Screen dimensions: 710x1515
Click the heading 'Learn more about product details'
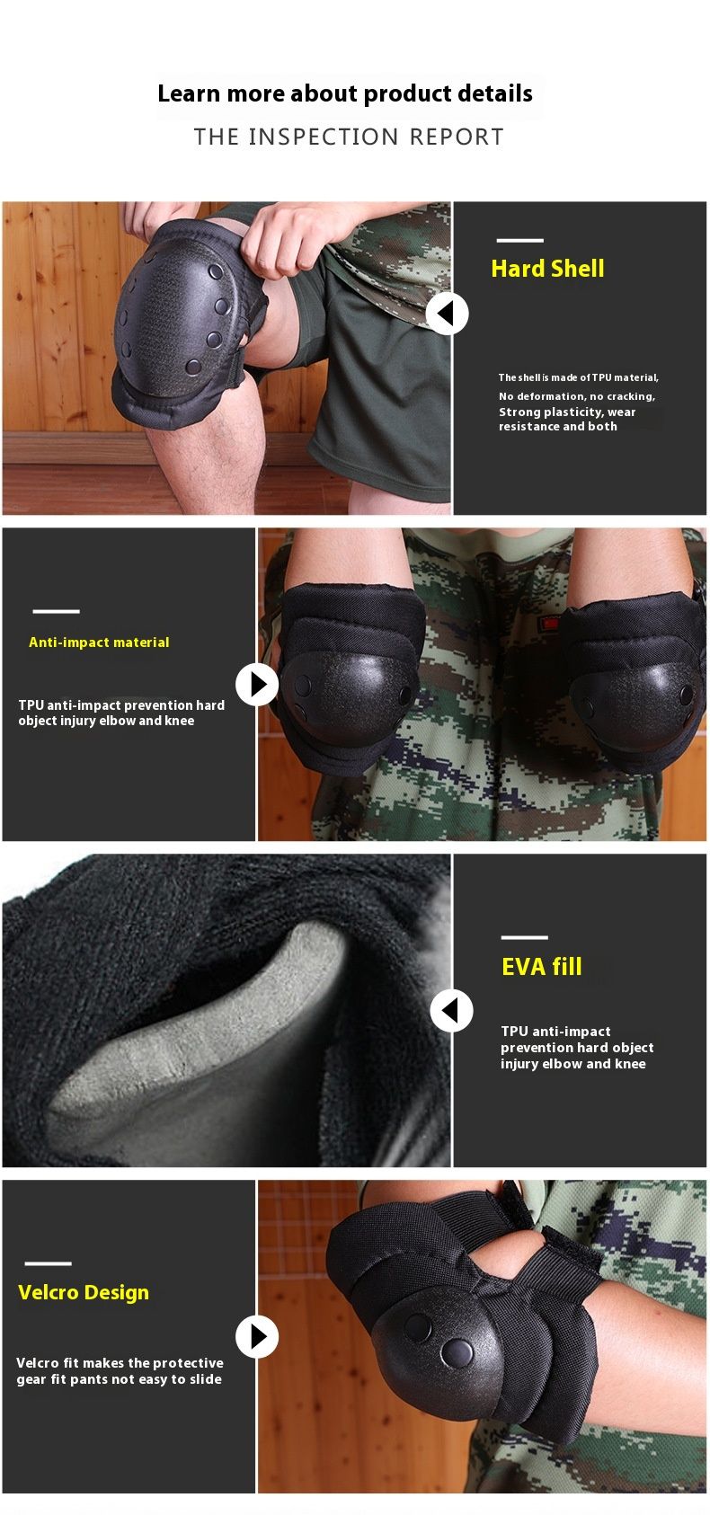[x=345, y=94]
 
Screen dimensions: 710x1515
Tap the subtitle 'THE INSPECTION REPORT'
[x=349, y=137]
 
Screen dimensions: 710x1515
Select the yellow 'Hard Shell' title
[x=547, y=269]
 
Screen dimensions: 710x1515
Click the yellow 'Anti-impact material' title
[x=99, y=642]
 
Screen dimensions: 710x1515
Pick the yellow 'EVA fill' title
[x=542, y=967]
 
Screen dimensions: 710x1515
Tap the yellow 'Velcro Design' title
[x=84, y=1292]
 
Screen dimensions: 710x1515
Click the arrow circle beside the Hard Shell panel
[x=447, y=313]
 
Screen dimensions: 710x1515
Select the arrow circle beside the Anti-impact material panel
[x=257, y=685]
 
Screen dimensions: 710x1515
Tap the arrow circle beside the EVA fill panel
[x=451, y=1011]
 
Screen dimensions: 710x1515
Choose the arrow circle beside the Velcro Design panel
[x=257, y=1336]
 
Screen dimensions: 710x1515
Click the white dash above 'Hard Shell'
[x=520, y=240]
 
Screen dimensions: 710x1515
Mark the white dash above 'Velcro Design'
[x=48, y=1262]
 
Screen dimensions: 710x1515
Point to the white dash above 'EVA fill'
[x=525, y=937]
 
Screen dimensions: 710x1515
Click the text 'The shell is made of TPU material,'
[x=579, y=377]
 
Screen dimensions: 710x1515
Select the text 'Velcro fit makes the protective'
[x=120, y=1363]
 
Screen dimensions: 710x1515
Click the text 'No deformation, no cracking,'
[x=577, y=396]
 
